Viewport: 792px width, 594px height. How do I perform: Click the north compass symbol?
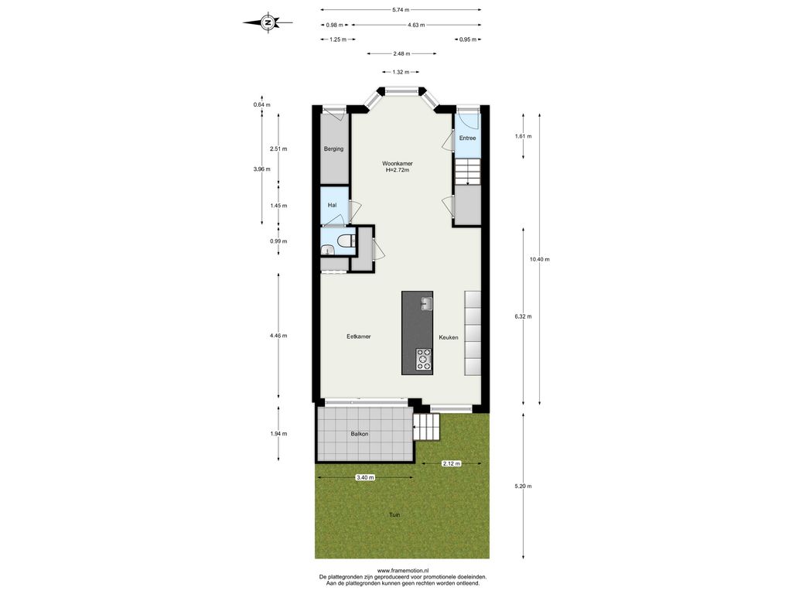coord(268,22)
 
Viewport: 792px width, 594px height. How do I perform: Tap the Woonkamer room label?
coord(397,164)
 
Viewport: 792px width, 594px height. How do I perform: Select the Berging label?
coord(334,149)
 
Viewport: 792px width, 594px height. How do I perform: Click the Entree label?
coord(467,138)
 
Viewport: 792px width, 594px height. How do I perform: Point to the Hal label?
coord(332,205)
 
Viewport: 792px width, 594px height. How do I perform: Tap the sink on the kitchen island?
coord(427,303)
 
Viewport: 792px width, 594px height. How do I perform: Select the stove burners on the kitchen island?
coord(423,359)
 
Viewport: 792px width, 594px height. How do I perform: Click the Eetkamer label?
coord(359,336)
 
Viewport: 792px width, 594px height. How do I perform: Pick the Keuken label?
coord(449,337)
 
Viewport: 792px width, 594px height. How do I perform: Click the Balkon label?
coord(360,434)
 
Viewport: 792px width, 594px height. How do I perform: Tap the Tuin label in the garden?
coord(394,514)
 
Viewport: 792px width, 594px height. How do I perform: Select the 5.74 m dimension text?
coord(401,9)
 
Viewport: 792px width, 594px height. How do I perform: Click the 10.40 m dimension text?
coord(539,259)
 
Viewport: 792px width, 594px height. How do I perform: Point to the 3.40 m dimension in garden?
coord(365,477)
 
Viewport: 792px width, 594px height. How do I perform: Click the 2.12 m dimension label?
coord(451,463)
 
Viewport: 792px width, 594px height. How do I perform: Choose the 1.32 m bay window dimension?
coord(401,72)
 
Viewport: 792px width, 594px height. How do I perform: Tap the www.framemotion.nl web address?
coord(402,571)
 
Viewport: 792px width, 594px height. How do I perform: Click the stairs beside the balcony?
coord(426,427)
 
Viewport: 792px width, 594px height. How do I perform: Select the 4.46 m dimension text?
coord(278,336)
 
